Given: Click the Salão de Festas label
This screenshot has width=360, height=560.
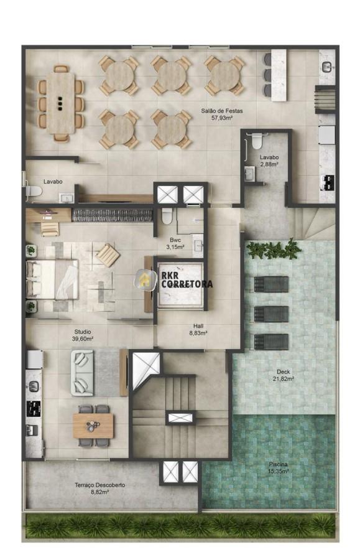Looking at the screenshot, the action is pyautogui.click(x=221, y=111).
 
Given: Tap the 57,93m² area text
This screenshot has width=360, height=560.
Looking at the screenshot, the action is pyautogui.click(x=222, y=118).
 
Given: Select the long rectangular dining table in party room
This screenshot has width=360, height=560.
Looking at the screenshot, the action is pyautogui.click(x=60, y=103).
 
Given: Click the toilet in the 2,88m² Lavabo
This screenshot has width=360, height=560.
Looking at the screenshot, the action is pyautogui.click(x=256, y=141).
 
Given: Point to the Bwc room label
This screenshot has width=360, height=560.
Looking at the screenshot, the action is pyautogui.click(x=175, y=240).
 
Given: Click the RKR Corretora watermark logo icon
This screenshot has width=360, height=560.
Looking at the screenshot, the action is pyautogui.click(x=145, y=279).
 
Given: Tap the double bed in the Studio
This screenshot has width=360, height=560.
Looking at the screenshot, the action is pyautogui.click(x=52, y=279).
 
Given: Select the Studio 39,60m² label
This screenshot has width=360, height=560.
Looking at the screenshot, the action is pyautogui.click(x=83, y=335).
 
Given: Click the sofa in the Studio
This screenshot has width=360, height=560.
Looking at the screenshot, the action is pyautogui.click(x=81, y=373).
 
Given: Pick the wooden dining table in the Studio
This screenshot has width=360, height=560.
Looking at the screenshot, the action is pyautogui.click(x=93, y=426).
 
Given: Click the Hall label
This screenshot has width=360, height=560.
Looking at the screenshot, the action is pyautogui.click(x=198, y=326).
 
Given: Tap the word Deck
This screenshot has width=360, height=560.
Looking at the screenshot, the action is pyautogui.click(x=283, y=372).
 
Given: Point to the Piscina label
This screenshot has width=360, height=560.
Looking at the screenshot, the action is pyautogui.click(x=279, y=465).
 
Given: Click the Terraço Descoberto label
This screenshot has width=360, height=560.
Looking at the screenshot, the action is pyautogui.click(x=100, y=485).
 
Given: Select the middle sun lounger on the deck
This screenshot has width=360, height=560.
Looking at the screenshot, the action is pyautogui.click(x=271, y=314).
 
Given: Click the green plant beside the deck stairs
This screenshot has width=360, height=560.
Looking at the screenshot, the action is pyautogui.click(x=274, y=250).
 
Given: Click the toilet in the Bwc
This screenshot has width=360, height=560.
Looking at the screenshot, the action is pyautogui.click(x=167, y=216).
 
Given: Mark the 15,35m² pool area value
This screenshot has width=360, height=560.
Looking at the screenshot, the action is pyautogui.click(x=279, y=472).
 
